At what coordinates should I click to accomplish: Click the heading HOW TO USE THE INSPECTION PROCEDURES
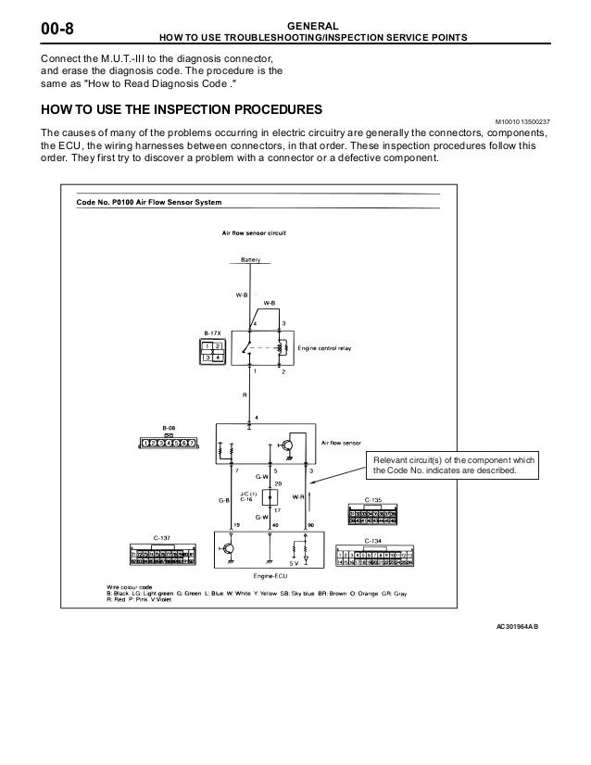(x=177, y=109)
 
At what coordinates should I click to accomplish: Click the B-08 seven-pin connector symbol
(x=167, y=444)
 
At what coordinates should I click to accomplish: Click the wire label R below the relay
(x=245, y=394)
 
